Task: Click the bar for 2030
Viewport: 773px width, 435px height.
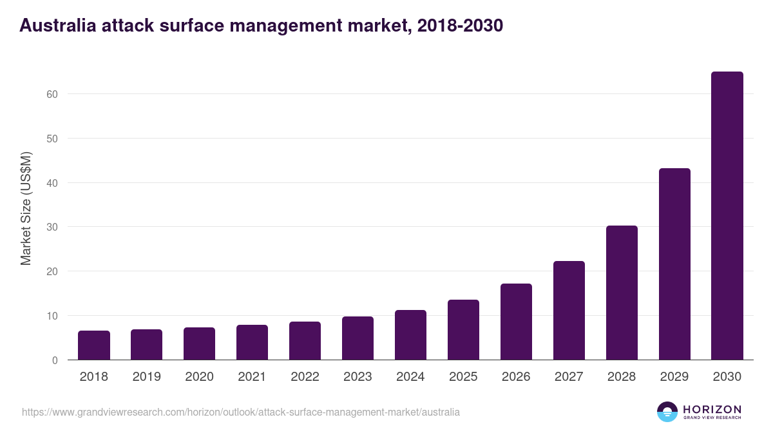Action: [727, 216]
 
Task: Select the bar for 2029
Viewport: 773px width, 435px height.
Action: [674, 264]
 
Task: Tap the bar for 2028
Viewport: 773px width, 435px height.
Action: [622, 293]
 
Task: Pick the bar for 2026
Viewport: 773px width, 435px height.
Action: [516, 322]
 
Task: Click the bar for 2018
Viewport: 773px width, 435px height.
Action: [94, 345]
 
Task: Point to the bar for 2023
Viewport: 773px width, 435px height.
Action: [358, 338]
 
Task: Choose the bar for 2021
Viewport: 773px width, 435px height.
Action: [252, 342]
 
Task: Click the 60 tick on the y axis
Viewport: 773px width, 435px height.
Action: [52, 94]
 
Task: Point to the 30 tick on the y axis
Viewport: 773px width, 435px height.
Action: [52, 227]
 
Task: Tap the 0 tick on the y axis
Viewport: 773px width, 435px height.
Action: [55, 360]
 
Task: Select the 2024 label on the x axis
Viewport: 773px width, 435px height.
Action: [410, 377]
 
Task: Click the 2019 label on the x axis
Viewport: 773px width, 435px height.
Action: [147, 377]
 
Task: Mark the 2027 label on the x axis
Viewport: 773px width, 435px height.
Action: [569, 377]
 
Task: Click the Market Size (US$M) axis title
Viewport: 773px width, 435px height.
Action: [26, 208]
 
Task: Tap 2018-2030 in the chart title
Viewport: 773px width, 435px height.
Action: [460, 26]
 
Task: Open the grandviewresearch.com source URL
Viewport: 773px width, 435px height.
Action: [241, 412]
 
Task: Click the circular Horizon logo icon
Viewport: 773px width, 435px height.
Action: [667, 412]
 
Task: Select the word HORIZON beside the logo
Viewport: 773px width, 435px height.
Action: [712, 409]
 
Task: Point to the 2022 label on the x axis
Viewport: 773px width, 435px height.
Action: [305, 377]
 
